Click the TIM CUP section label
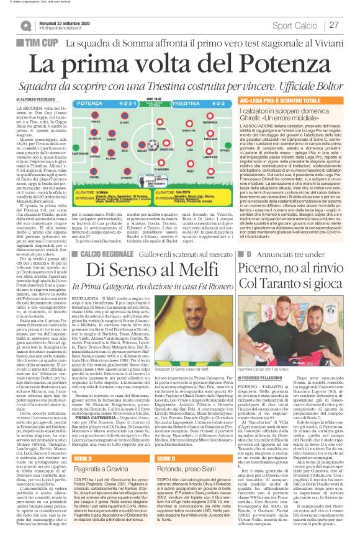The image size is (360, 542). pyautogui.click(x=38, y=43)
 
